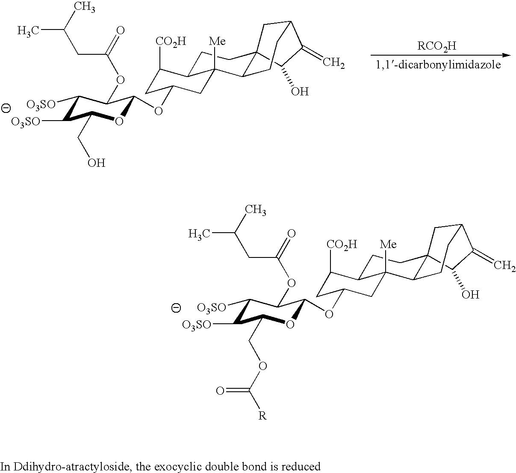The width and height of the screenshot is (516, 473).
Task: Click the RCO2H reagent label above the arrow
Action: [x=435, y=46]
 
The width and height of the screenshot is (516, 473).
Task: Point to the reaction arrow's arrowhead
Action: [x=507, y=55]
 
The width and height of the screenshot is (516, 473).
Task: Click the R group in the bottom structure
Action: [x=262, y=415]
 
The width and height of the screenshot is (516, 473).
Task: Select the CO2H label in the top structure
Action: [x=171, y=41]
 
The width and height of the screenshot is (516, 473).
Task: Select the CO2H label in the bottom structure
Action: [x=342, y=244]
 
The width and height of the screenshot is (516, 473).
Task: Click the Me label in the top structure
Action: [x=217, y=41]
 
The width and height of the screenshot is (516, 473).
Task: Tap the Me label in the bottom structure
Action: [x=388, y=244]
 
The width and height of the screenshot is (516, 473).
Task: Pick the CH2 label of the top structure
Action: [x=334, y=64]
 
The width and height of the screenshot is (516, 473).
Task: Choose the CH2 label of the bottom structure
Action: [x=505, y=266]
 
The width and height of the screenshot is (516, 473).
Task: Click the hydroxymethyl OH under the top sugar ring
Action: [x=96, y=163]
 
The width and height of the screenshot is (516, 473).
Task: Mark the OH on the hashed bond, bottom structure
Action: [x=471, y=295]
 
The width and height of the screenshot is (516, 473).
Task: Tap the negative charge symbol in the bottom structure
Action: [x=176, y=307]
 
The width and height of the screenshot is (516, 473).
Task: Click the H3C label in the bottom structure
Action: [x=200, y=234]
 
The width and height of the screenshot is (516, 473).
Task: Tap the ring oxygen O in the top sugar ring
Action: [x=119, y=122]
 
